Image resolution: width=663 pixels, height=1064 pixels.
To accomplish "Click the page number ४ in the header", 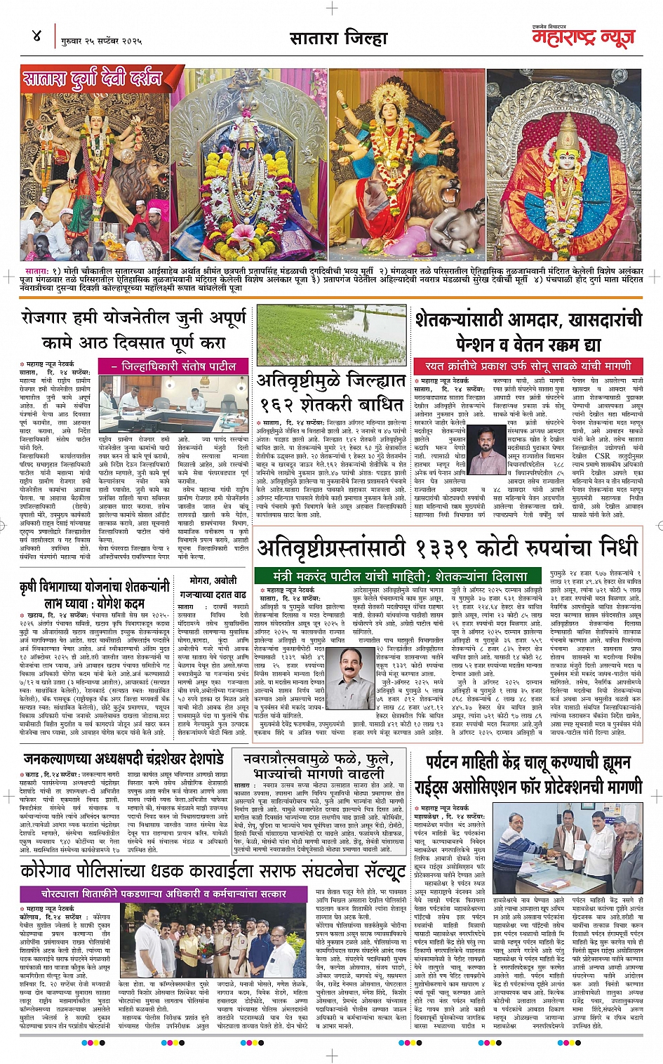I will (x=36, y=35).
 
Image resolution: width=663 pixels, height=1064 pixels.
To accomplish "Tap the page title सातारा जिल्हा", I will (x=338, y=37).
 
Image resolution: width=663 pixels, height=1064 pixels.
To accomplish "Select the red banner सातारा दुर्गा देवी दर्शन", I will (x=92, y=78).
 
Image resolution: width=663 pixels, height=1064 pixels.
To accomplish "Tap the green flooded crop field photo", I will (x=331, y=335).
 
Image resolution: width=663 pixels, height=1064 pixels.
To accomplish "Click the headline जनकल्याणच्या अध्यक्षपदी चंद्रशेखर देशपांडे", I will (x=123, y=759).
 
